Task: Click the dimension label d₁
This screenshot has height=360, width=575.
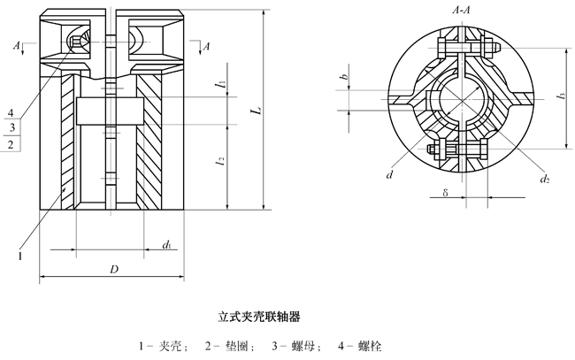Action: [167, 243]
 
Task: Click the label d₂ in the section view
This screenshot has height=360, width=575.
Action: [546, 180]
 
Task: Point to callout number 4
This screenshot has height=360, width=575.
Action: [10, 113]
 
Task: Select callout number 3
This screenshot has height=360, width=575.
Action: [10, 127]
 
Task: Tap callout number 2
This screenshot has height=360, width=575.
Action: [10, 142]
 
